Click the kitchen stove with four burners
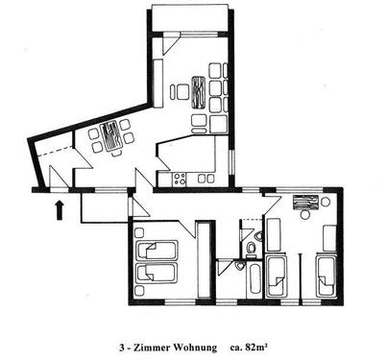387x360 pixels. pos(178,178)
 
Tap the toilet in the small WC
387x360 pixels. pos(251,249)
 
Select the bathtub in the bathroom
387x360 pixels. pos(254,280)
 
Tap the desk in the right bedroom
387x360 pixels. pos(306,203)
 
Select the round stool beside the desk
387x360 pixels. pos(326,203)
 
